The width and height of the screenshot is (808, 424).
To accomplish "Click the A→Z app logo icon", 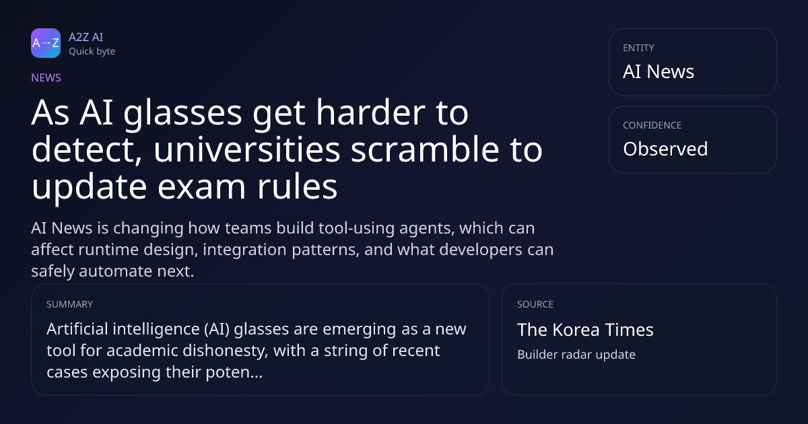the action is [x=46, y=43].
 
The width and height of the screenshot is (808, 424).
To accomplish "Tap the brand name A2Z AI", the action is [x=86, y=37].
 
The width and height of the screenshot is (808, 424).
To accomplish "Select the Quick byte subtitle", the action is [x=92, y=52].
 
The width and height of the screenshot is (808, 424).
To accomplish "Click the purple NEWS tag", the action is [x=46, y=77].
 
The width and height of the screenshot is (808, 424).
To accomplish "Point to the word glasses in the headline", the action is [x=182, y=114].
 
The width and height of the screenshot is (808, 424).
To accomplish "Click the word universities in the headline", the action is [x=246, y=149].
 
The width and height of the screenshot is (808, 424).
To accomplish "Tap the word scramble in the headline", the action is [x=426, y=149].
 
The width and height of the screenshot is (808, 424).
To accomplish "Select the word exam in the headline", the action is [x=201, y=187].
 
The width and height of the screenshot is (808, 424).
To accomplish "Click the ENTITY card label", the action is [x=638, y=48].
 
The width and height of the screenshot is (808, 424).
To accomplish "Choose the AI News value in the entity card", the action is [x=659, y=71].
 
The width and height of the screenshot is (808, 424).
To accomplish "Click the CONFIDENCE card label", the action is [x=652, y=125].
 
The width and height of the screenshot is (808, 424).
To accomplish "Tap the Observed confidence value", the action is [x=665, y=149].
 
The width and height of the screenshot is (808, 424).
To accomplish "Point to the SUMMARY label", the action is [x=69, y=304].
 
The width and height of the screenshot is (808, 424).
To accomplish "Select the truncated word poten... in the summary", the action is [x=234, y=372].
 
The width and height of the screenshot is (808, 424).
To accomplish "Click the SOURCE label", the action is [x=535, y=304].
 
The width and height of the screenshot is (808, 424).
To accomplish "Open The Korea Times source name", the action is [x=585, y=330].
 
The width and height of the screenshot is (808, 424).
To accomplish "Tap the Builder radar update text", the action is [x=576, y=355].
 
